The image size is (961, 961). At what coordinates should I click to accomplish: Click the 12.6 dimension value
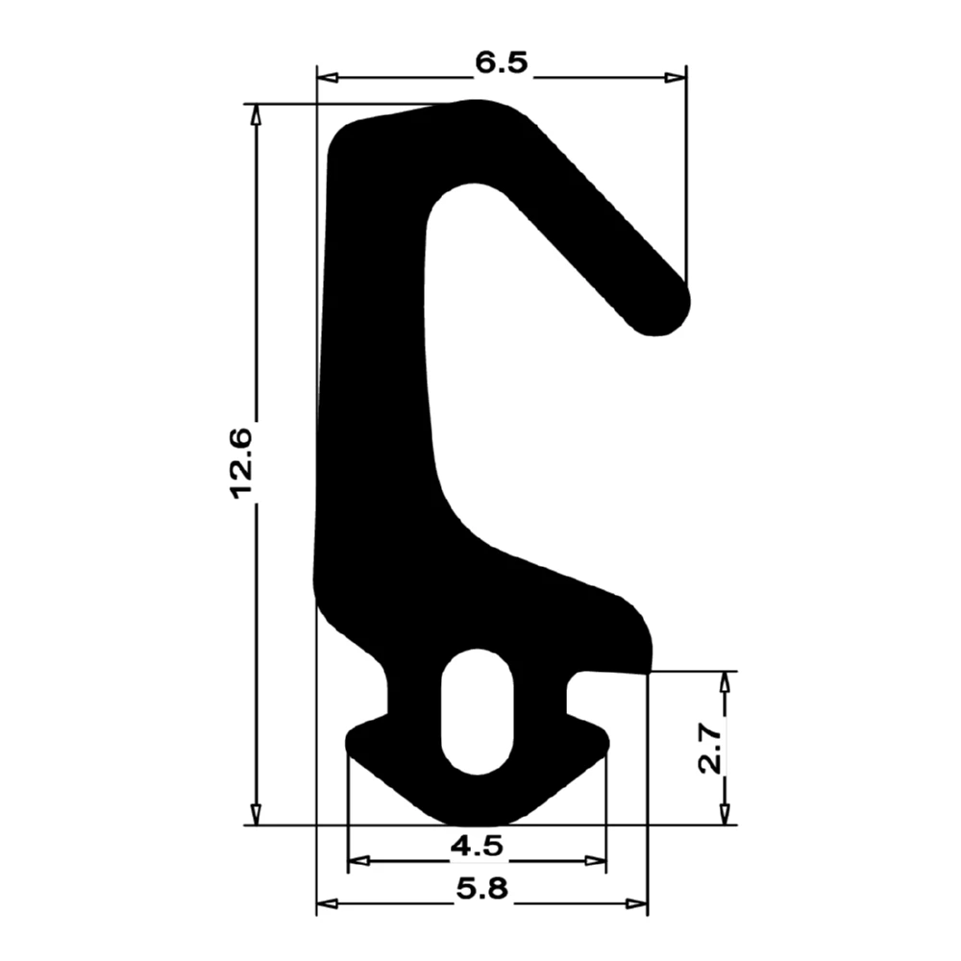tap(239, 463)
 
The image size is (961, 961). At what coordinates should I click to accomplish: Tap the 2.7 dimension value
tap(710, 749)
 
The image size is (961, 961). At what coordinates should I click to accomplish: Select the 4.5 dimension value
tap(476, 847)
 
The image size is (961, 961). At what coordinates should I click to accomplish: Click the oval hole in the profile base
tap(477, 711)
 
